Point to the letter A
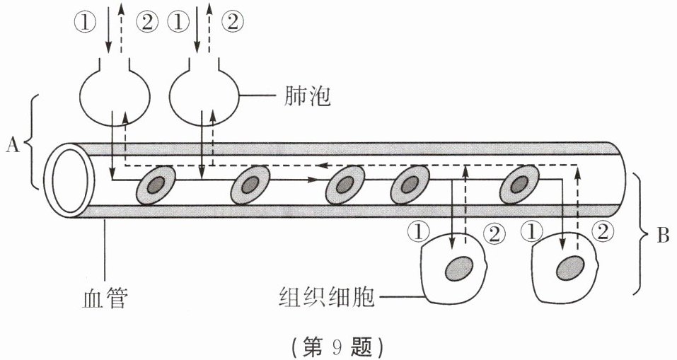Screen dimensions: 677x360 (12, 144)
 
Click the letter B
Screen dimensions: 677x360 (662, 236)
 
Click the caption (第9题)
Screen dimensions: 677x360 (337, 347)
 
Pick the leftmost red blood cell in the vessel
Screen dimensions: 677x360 (154, 185)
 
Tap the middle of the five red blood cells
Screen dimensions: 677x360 (345, 185)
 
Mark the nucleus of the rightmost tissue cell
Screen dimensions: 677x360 (569, 267)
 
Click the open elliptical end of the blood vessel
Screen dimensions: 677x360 (69, 180)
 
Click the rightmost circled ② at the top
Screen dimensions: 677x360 (233, 23)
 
